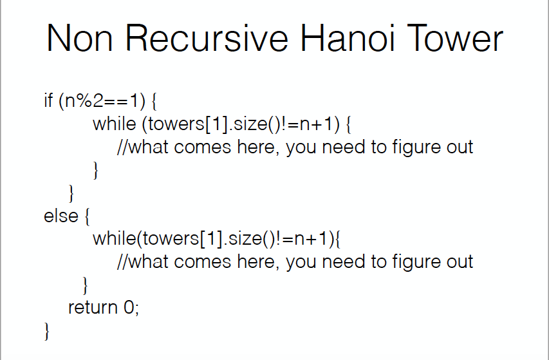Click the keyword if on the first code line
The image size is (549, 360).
point(48,101)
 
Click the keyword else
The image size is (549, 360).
point(60,216)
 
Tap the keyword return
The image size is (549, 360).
point(92,307)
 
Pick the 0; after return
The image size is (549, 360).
point(131,307)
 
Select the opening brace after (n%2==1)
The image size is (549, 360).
point(153,102)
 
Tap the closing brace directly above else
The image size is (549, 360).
point(72,193)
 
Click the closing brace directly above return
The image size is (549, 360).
point(85,285)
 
